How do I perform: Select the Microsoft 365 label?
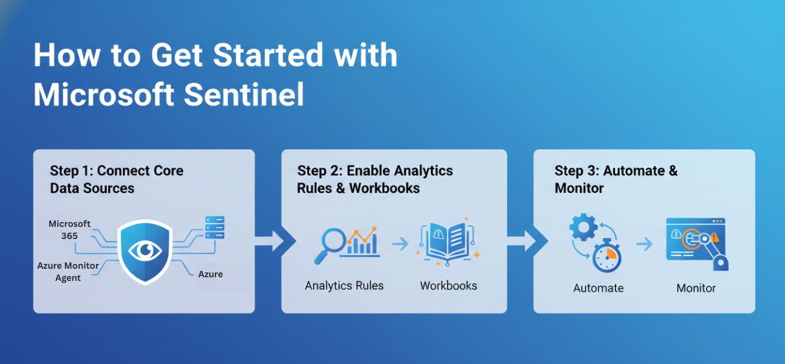69,229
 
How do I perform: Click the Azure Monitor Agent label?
68,271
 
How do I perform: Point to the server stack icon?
215,228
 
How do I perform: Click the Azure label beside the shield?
210,274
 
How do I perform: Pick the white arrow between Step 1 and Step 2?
271,241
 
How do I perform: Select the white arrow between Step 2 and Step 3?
523,241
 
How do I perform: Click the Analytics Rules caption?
344,285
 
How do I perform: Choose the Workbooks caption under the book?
448,285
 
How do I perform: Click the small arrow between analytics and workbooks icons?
399,244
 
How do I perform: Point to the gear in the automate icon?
583,228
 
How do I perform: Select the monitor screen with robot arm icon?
697,242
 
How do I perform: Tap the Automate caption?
598,288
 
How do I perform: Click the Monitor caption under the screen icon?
696,288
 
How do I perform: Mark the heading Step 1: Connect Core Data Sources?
116,179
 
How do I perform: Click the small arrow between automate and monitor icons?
644,244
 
